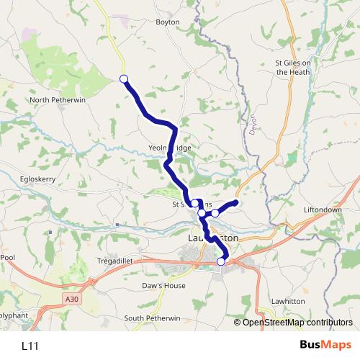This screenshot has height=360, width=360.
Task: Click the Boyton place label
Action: (168, 22)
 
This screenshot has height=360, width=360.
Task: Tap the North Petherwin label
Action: (58, 100)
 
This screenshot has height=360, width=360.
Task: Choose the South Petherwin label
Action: (152, 318)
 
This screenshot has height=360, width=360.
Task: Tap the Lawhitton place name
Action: (288, 301)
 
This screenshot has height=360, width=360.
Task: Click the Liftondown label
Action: (323, 210)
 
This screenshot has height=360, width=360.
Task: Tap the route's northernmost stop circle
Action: (123, 78)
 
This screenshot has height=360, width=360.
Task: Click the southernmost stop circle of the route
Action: (221, 261)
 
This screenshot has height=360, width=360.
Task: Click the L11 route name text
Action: (30, 346)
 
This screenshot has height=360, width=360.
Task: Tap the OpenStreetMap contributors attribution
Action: (297, 323)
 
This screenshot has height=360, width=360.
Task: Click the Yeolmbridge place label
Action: (171, 148)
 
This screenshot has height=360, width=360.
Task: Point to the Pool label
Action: (7, 257)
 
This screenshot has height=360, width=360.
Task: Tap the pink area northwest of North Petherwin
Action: (29, 35)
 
